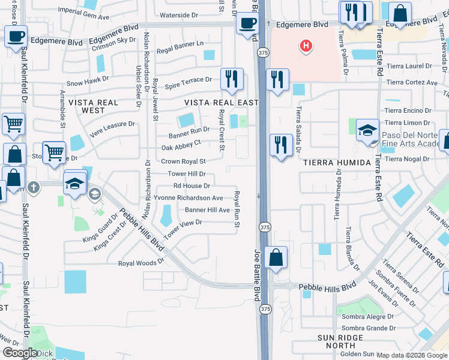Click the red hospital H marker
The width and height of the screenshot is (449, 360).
point(306,45)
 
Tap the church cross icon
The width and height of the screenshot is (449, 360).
point(34,187)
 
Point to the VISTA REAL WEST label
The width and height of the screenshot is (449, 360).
point(93,107)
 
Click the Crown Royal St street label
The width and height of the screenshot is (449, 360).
point(183,161)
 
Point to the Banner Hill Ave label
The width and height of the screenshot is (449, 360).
point(207,210)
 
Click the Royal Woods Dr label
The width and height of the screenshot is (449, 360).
point(141,263)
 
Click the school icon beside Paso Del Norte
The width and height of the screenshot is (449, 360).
point(367,130)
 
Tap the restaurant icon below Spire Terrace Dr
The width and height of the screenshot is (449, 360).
point(231,79)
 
